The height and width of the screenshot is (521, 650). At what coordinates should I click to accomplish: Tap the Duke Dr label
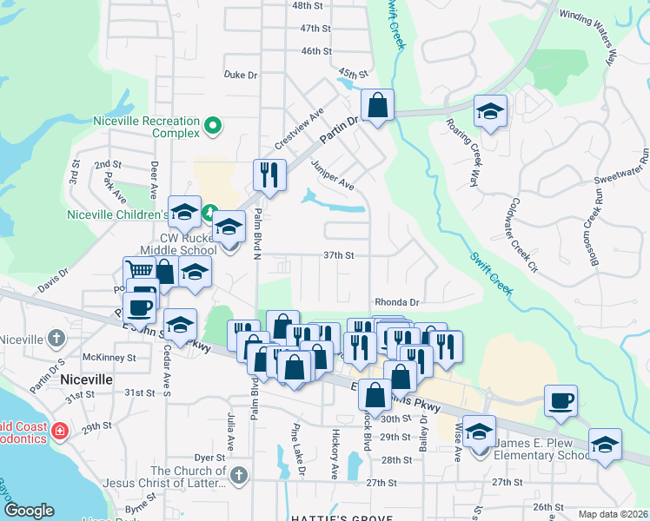click(241, 76)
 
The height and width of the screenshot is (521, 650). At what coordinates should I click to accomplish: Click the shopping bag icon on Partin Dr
click(377, 106)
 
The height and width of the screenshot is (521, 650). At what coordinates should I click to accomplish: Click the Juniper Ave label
click(333, 179)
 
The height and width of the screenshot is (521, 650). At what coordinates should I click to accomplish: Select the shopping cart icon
click(139, 272)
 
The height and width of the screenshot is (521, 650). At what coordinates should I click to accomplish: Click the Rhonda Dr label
click(397, 302)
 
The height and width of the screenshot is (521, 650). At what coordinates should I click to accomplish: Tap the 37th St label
click(339, 255)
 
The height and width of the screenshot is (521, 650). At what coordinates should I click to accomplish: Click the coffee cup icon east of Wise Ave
click(560, 400)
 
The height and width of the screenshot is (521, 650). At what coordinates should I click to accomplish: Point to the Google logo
click(29, 511)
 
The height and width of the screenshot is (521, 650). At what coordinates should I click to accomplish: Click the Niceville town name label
click(87, 379)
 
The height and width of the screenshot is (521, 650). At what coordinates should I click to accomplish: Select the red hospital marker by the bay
click(58, 430)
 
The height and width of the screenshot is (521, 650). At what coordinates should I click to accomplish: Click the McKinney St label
click(109, 357)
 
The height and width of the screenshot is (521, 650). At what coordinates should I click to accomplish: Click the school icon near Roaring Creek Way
click(490, 111)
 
